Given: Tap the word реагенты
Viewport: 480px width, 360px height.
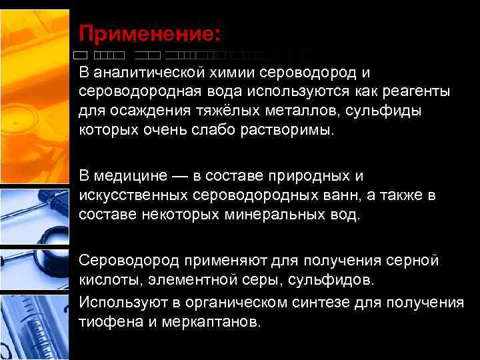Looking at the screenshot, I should pos(416,90).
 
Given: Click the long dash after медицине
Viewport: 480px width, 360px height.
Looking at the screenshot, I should pos(179,176).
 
